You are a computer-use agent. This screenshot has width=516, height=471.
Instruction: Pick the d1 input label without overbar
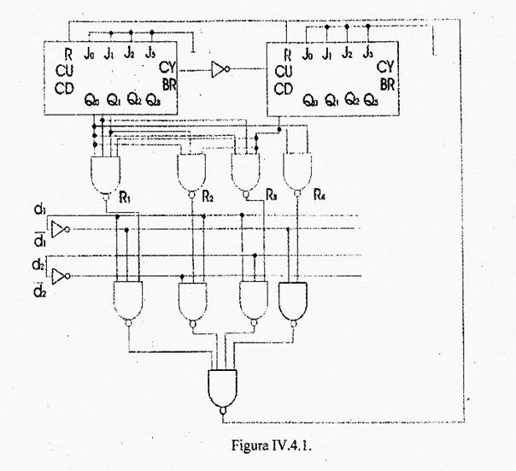(39, 211)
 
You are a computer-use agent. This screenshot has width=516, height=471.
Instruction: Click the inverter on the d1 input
(58, 228)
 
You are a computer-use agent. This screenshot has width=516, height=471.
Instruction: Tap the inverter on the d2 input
(58, 275)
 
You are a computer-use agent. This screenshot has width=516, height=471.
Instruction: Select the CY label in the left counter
(168, 69)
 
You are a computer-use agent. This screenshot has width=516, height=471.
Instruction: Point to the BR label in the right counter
(386, 84)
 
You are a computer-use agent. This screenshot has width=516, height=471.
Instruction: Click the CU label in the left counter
(66, 71)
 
